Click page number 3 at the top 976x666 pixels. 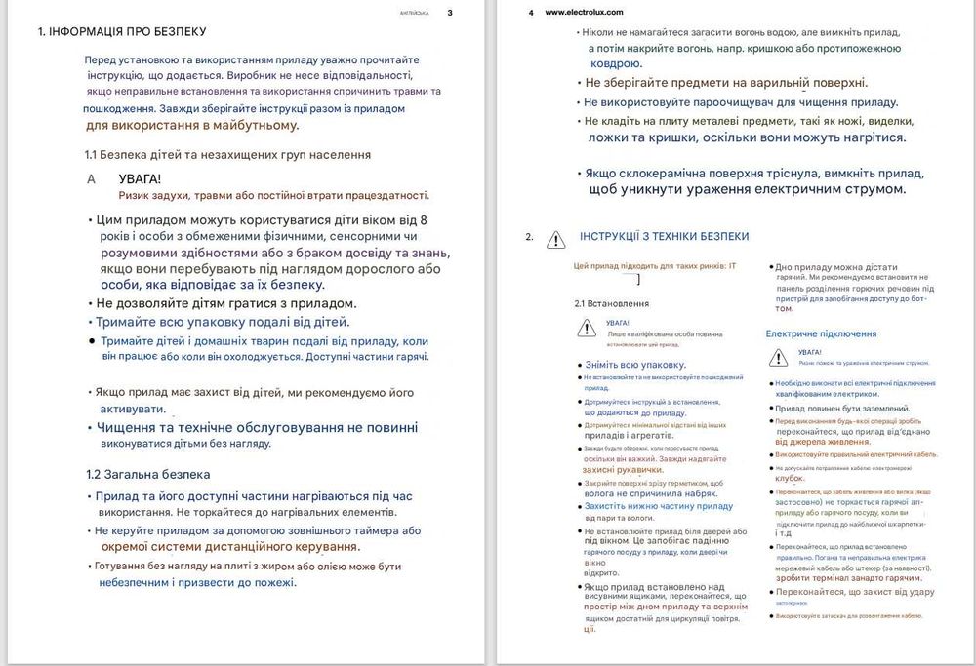coord(450,13)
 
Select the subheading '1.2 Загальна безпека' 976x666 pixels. coord(147,475)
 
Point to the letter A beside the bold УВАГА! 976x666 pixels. coord(92,179)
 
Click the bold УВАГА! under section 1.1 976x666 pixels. coord(140,179)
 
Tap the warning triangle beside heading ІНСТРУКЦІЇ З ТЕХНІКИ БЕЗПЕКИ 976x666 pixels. coord(555,238)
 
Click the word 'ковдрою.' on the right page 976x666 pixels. coord(617,63)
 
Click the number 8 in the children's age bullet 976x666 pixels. coord(423,219)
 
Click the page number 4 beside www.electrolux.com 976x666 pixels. coord(530,13)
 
